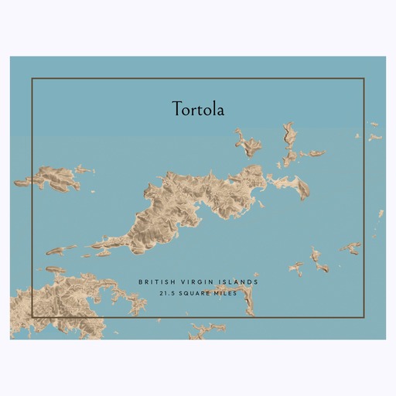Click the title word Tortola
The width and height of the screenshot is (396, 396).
point(198,110)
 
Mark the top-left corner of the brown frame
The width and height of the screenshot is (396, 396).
point(32,78)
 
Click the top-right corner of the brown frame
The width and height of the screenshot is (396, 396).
point(364,78)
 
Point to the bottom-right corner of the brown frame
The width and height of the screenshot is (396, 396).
point(364,317)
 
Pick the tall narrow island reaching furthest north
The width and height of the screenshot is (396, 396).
point(289,139)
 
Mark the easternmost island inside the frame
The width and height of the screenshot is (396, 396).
point(352,248)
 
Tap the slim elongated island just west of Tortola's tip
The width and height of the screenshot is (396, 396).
point(60,251)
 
